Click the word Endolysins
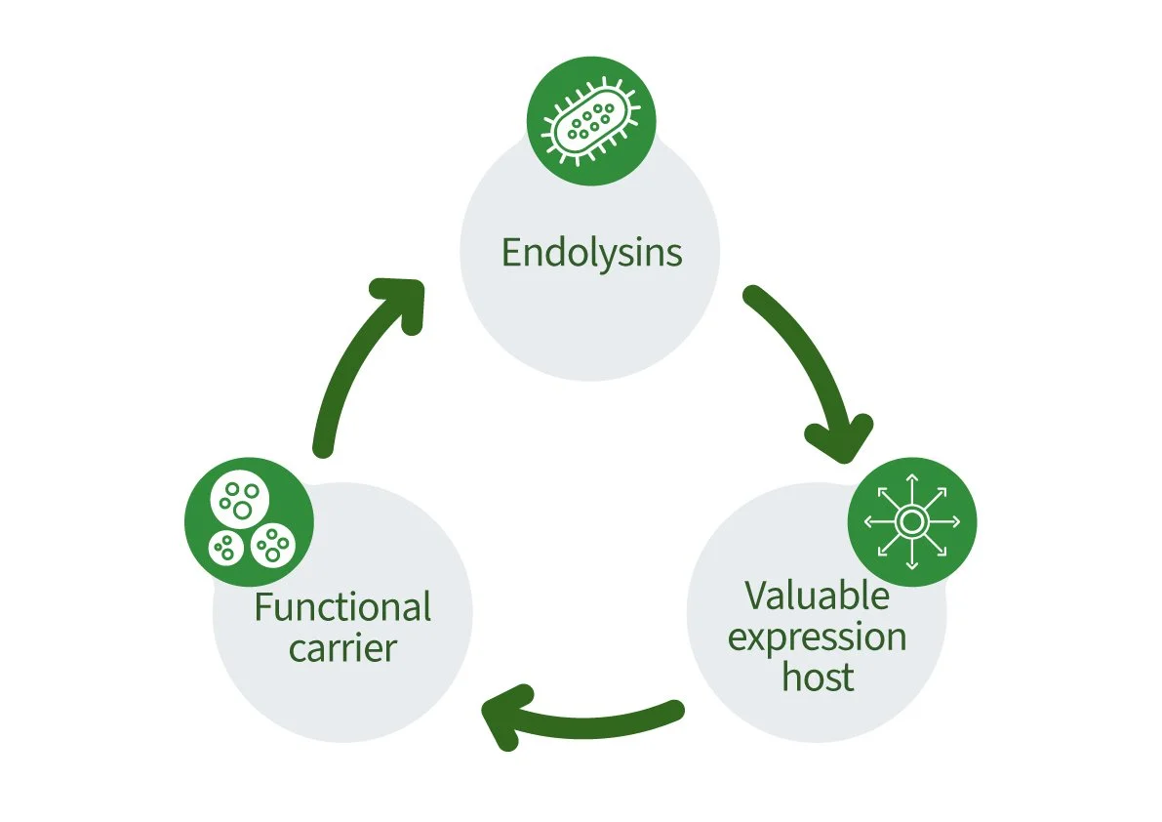point(591,253)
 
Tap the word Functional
point(342,607)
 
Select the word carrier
point(342,647)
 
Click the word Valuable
point(817,595)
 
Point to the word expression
point(817,637)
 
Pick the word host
point(818,677)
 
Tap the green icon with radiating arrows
point(911,522)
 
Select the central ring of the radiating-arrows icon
point(911,522)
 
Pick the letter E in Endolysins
point(511,253)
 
